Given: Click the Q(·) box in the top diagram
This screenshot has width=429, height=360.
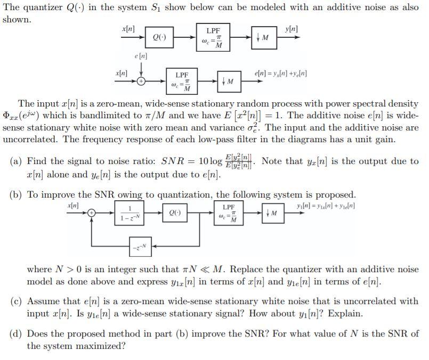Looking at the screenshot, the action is [x=158, y=37].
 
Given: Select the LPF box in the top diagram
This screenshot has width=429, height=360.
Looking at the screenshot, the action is [x=213, y=37].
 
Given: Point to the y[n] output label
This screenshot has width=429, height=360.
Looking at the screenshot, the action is [x=292, y=28].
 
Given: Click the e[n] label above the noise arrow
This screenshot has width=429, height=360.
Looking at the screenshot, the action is [x=141, y=56].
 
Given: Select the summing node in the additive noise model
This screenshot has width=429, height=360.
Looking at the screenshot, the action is [x=141, y=81].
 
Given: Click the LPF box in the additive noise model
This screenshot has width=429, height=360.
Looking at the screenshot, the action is [x=182, y=81].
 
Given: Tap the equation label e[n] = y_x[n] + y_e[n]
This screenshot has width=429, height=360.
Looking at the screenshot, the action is [x=281, y=73].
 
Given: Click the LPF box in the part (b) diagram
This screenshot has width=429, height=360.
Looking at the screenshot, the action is [x=229, y=214].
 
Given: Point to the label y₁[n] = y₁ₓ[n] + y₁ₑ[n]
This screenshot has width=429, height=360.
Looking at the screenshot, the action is [x=326, y=206].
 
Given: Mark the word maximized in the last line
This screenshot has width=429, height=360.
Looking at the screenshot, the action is [x=103, y=346].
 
